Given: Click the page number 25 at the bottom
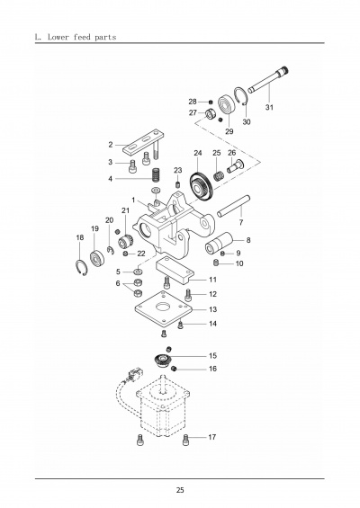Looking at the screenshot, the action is (x=180, y=490).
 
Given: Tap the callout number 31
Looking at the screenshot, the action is (x=269, y=107).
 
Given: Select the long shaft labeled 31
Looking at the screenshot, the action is (x=268, y=79).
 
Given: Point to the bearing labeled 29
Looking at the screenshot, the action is (x=226, y=104).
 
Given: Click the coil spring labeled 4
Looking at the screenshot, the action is (x=157, y=174).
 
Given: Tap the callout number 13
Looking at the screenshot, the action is (x=212, y=309).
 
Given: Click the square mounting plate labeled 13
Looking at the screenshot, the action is (x=164, y=307).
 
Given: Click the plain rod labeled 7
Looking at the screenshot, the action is (x=233, y=207).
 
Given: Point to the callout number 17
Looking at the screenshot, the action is (x=212, y=437).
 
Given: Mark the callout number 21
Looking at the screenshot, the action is (x=125, y=210).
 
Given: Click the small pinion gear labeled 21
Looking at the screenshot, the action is (x=125, y=241).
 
